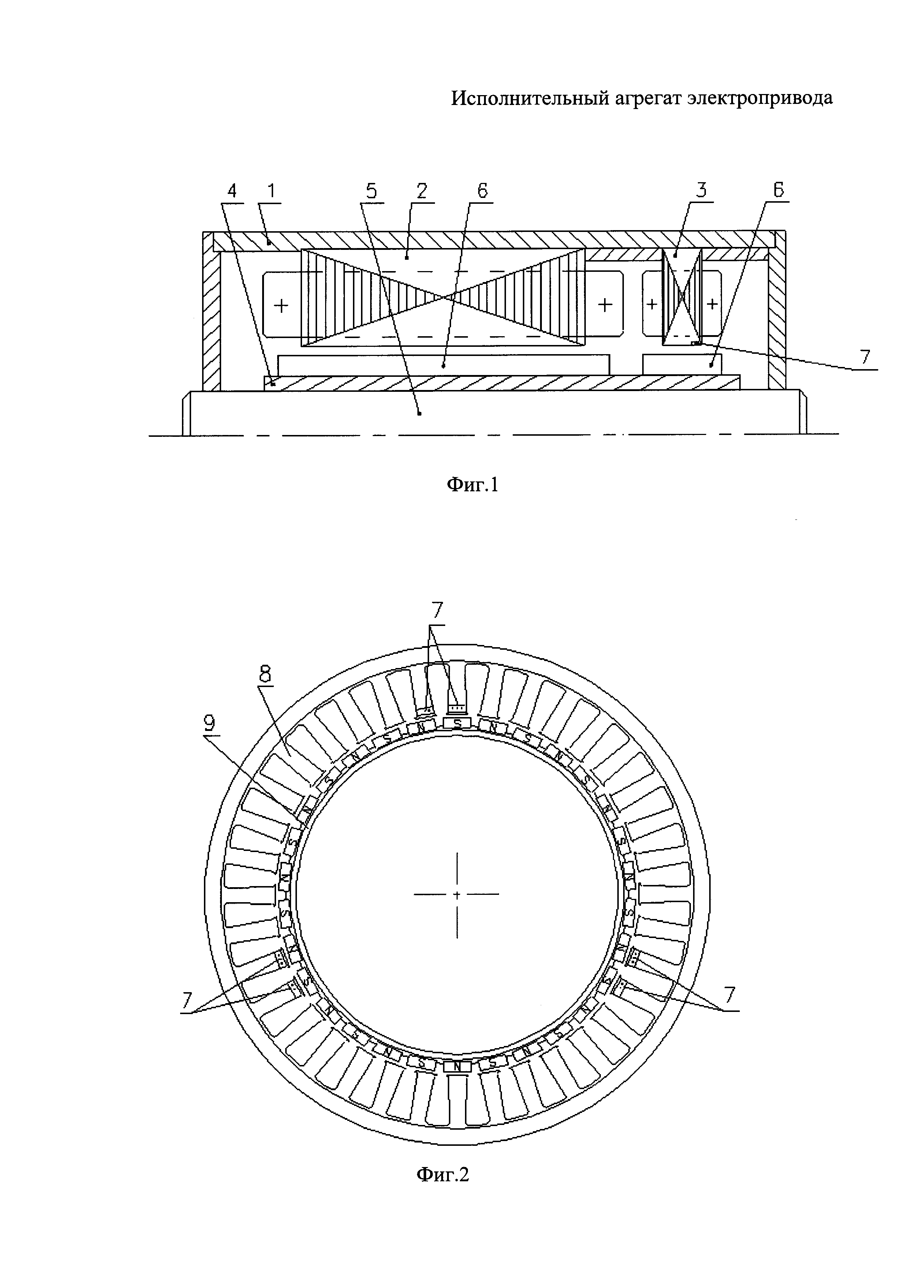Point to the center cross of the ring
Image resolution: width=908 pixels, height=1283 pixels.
click(457, 894)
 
